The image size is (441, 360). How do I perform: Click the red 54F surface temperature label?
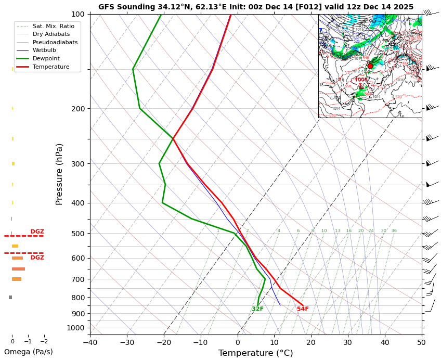tap(303, 309)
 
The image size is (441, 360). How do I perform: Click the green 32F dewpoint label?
tap(257, 309)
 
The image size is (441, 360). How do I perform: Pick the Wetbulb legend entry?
tap(44, 50)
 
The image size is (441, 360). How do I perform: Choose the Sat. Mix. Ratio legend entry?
tap(49, 25)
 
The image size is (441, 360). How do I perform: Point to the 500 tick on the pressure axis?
tap(78, 234)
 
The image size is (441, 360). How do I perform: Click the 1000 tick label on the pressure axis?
tap(76, 328)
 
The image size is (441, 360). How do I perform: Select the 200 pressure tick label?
tap(78, 109)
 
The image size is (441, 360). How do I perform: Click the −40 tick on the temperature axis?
tap(90, 342)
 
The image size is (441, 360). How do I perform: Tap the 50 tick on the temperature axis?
tap(421, 342)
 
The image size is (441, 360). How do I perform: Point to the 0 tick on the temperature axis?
tap(238, 342)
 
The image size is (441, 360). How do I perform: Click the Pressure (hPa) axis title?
tap(59, 174)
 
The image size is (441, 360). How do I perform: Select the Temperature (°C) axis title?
tap(255, 353)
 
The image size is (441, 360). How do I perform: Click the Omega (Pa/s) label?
tap(28, 352)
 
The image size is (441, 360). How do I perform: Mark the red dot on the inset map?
tap(370, 66)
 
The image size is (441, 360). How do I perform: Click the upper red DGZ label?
tap(37, 232)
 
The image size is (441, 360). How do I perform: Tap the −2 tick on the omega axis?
tap(44, 342)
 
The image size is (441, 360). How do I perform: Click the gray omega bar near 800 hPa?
tap(10, 297)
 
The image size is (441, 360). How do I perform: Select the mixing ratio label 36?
tap(394, 230)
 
